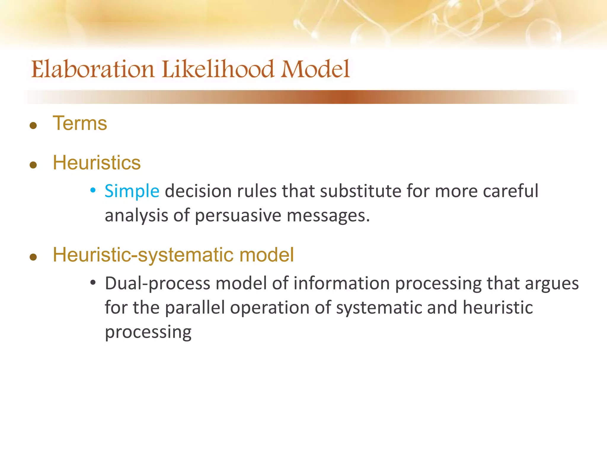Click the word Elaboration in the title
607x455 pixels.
pos(93,69)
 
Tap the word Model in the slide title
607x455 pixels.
pos(315,69)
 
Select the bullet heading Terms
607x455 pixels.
pos(80,123)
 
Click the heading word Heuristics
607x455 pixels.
pos(97,163)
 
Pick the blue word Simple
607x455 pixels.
pos(132,191)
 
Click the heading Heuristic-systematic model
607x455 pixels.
pos(173,255)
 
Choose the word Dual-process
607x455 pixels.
pos(157,284)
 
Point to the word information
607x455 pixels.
pos(341,283)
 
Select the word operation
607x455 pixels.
pos(270,308)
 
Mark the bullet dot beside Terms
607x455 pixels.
pos(33,126)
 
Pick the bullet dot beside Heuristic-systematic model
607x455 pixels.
pos(33,257)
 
